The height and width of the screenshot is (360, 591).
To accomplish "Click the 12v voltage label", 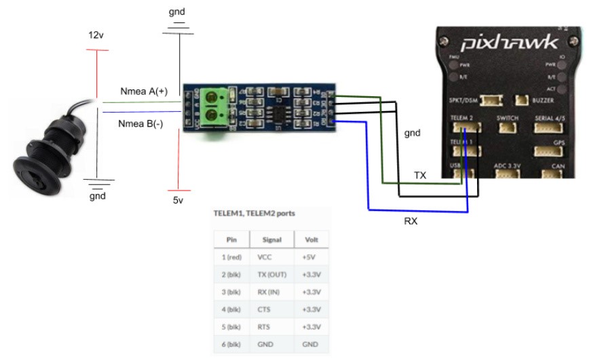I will (x=96, y=35).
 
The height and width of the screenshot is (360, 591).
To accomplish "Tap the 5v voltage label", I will (x=178, y=200).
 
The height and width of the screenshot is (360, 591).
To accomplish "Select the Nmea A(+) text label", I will (x=143, y=91).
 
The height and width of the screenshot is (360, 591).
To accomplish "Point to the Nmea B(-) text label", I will (x=141, y=124).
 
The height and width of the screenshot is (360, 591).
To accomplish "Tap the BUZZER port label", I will (x=549, y=100).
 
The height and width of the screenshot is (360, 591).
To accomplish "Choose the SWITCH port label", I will (x=508, y=118).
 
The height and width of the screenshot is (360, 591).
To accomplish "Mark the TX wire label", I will (x=420, y=175).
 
